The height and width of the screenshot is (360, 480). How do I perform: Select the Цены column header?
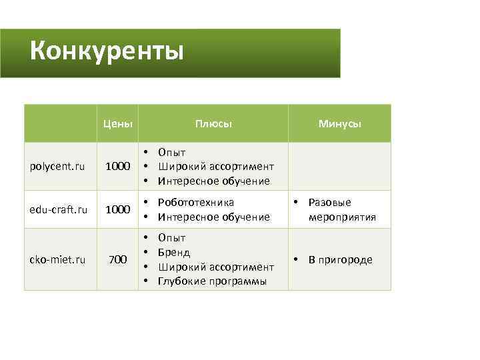coord(117,123)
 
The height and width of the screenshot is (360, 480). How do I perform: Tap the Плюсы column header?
coord(213,123)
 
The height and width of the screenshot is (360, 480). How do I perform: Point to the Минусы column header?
coord(339,123)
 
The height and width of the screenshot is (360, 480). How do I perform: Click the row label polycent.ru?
coord(57,167)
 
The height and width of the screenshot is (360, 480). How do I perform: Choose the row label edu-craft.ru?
coord(59,209)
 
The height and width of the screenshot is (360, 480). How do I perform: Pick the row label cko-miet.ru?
coord(58,259)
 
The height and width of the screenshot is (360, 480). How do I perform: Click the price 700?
coord(117,259)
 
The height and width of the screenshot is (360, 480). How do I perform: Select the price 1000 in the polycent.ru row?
coord(117,167)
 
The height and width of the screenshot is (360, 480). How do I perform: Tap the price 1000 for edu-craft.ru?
coord(117,209)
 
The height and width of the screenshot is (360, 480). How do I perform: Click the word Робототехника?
coord(196,202)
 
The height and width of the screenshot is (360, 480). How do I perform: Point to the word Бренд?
coord(174,252)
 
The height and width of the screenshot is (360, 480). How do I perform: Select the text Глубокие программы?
coord(212,281)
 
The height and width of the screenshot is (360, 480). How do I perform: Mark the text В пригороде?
coord(340,259)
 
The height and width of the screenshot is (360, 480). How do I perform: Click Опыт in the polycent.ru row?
coord(172,153)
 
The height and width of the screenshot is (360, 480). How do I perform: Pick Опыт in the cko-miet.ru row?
coord(172,238)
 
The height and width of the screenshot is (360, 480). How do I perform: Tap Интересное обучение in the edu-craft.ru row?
coord(213,217)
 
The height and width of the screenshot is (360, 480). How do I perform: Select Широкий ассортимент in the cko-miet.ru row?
coord(215,267)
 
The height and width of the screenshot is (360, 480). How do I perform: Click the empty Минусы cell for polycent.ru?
coord(339,167)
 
